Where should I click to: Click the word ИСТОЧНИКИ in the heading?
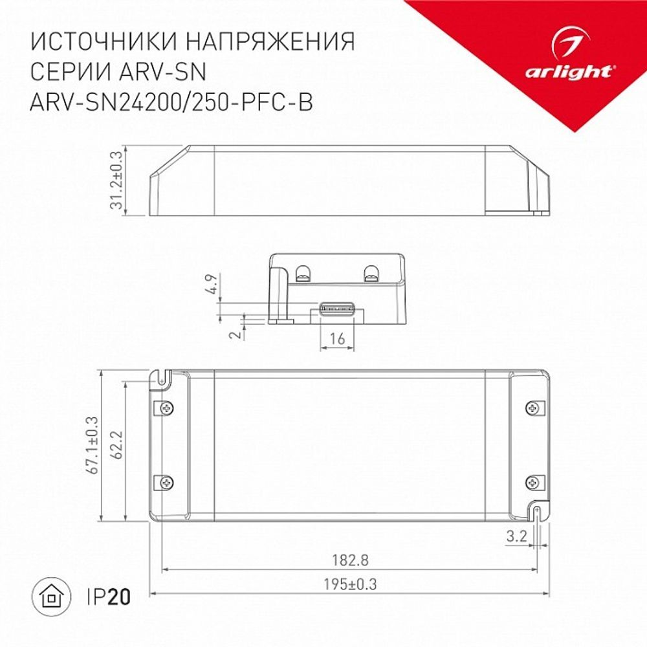pyautogui.click(x=104, y=42)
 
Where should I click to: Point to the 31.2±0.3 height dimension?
pyautogui.click(x=116, y=181)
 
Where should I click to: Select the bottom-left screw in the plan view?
pyautogui.click(x=167, y=482)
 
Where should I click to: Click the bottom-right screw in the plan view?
pyautogui.click(x=532, y=482)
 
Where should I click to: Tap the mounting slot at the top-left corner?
pyautogui.click(x=160, y=377)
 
